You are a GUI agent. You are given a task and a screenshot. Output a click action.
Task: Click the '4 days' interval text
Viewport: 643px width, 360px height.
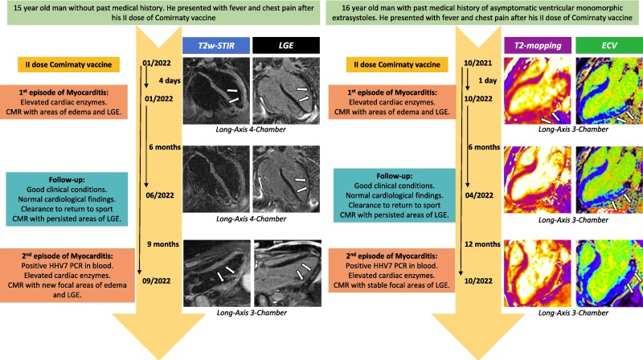click(x=164, y=80)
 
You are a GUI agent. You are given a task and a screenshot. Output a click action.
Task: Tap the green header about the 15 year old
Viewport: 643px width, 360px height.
click(x=158, y=14)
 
